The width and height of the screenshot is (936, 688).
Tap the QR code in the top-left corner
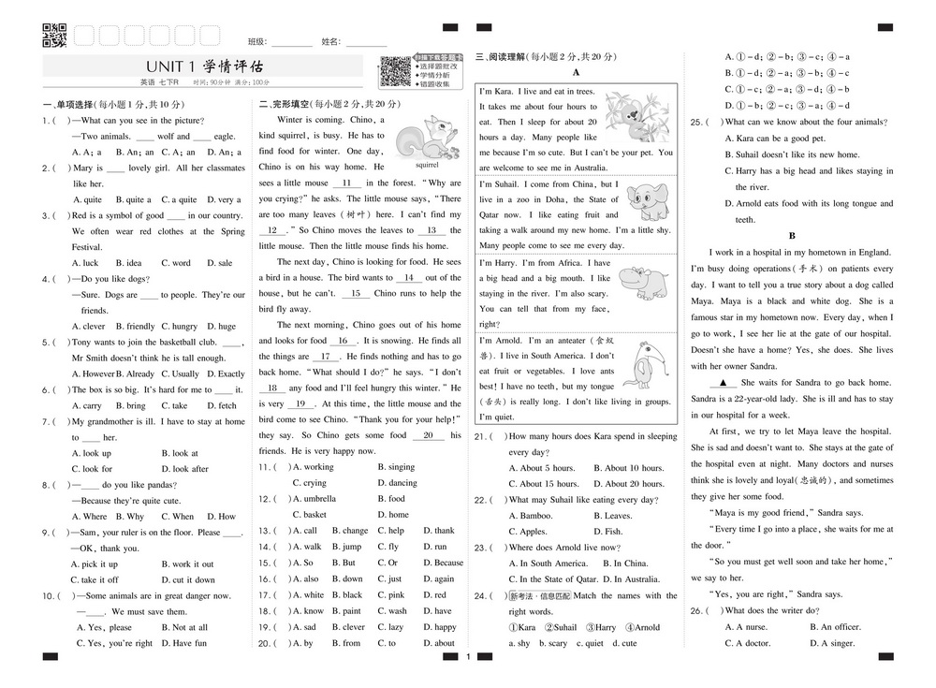(55, 36)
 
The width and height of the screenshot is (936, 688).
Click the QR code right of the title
(395, 71)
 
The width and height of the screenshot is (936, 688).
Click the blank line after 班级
(292, 43)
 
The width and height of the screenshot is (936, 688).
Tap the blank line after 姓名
(365, 43)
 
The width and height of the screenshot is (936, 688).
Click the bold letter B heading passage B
(792, 236)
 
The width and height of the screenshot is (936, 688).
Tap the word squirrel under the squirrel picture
(427, 164)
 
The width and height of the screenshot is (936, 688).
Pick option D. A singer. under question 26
(831, 643)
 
